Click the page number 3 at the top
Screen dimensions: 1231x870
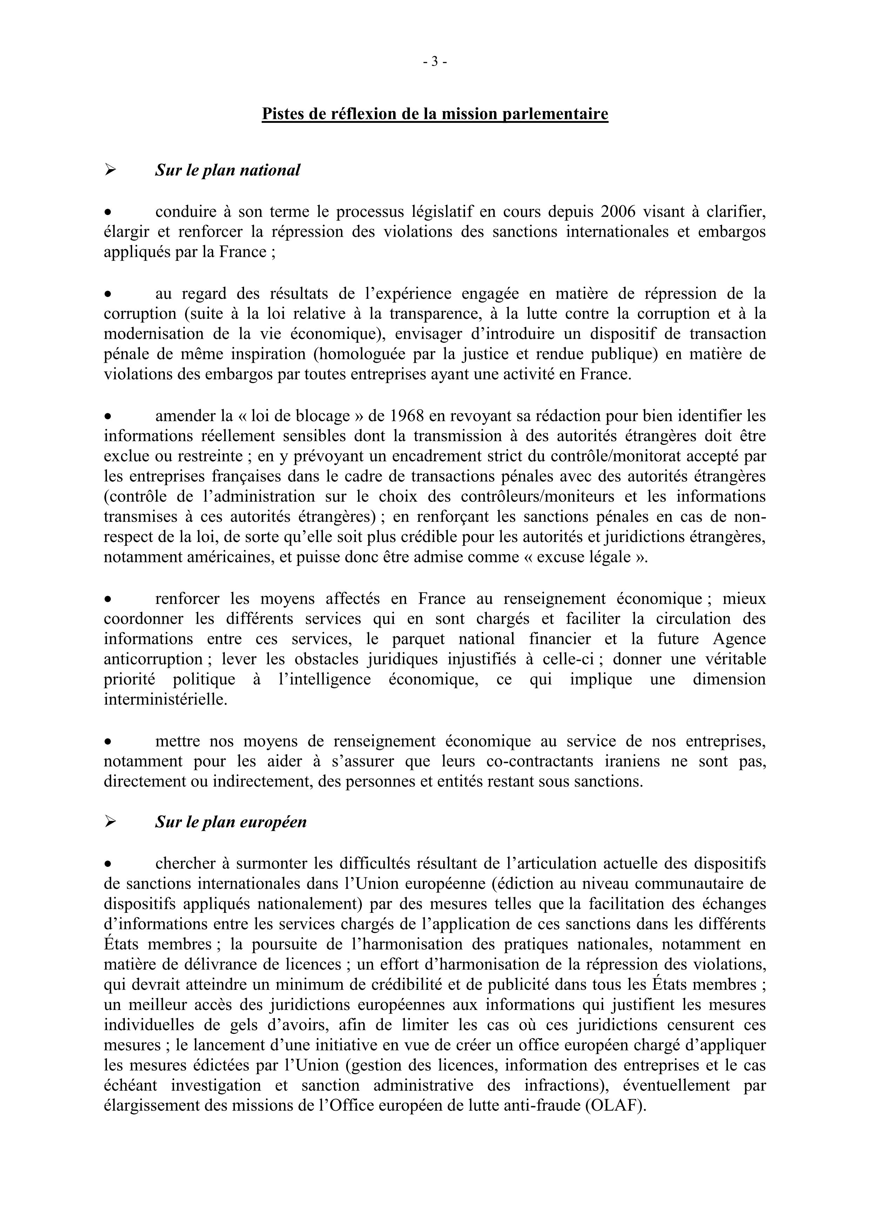coord(435,62)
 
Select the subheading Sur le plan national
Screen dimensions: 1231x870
coord(227,170)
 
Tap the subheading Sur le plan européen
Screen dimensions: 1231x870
coord(230,822)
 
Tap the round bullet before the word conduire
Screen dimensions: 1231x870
coord(108,213)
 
